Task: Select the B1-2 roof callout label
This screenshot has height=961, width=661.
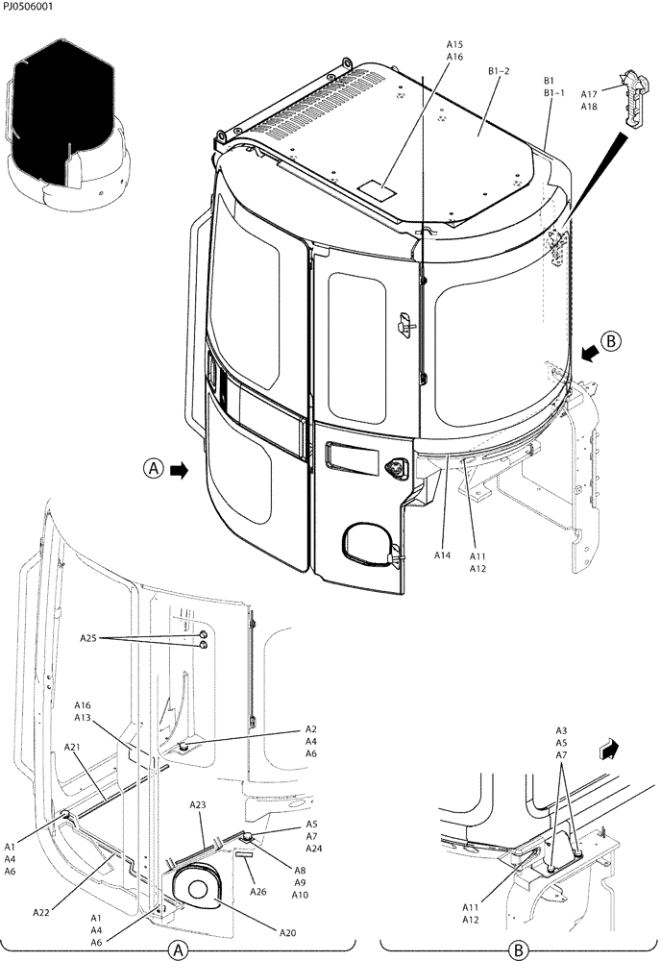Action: click(x=501, y=71)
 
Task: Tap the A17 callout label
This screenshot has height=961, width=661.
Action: click(x=589, y=94)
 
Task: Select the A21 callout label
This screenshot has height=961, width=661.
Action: click(x=73, y=747)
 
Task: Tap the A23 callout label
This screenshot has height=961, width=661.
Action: click(x=198, y=804)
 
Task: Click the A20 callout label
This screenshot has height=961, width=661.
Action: click(x=287, y=932)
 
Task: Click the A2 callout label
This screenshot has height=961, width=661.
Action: click(x=311, y=729)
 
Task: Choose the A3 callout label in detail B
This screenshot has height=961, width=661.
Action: click(x=561, y=730)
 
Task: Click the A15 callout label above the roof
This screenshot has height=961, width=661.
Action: click(x=454, y=44)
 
